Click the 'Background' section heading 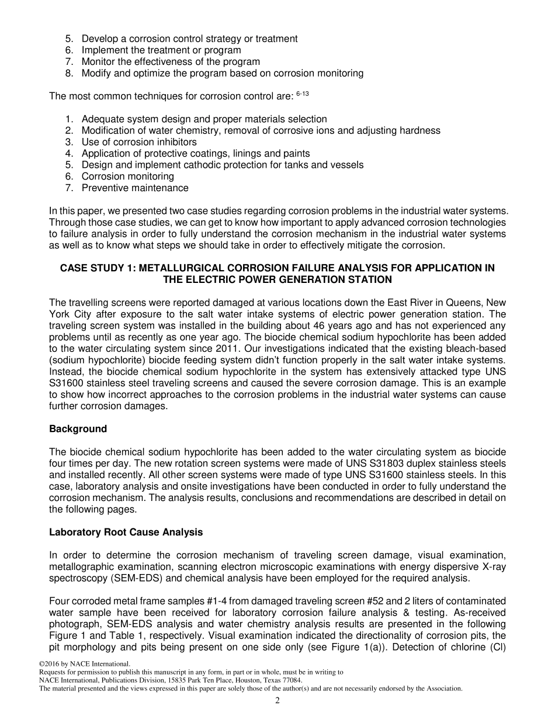coord(78,429)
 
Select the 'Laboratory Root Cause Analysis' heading coord(126,533)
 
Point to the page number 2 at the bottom coord(277,701)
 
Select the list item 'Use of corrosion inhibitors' coord(139,142)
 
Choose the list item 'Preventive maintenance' coord(135,188)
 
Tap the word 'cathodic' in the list coord(239,165)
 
